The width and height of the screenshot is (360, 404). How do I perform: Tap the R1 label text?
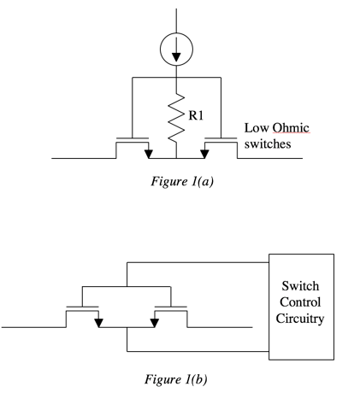[196, 111]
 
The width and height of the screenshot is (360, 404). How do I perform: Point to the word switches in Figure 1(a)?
[268, 144]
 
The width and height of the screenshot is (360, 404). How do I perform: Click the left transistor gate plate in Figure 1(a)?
[132, 137]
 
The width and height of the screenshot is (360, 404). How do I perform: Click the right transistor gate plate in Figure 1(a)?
[221, 137]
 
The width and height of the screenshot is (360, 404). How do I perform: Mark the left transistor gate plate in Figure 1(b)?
[82, 305]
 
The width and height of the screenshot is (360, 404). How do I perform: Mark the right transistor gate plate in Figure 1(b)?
[171, 305]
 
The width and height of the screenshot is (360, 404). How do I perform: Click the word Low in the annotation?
[256, 128]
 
